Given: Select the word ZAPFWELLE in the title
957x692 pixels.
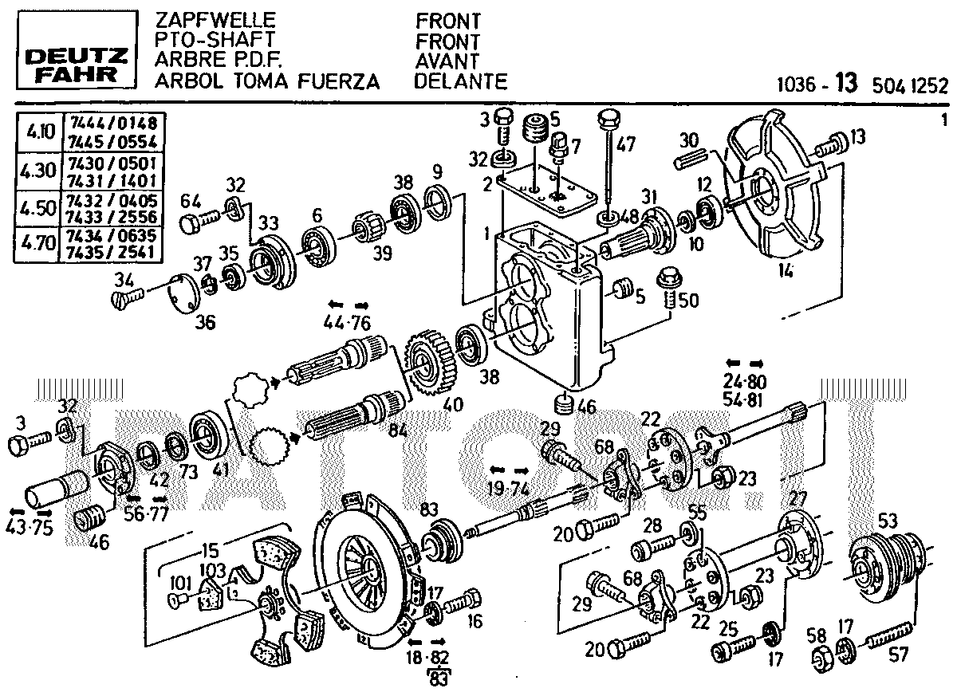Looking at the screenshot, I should [204, 20].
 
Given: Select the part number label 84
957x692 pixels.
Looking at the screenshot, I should [397, 431].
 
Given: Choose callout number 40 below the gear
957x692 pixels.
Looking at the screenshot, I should [453, 404].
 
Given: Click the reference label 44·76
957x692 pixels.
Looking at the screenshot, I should [349, 323].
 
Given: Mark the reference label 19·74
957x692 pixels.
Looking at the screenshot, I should [507, 488].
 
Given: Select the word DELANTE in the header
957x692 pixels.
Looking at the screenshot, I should [461, 81].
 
